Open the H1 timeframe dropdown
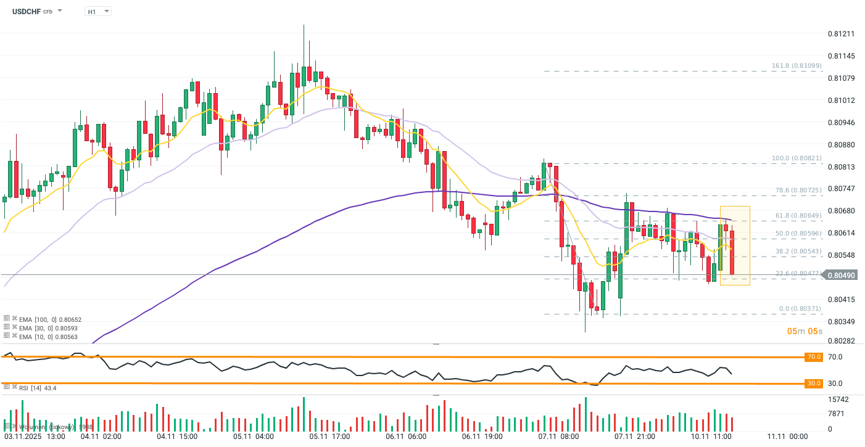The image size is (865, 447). click(97, 11)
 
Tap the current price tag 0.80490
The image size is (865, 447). click(841, 275)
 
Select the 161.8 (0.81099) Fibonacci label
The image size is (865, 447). click(797, 66)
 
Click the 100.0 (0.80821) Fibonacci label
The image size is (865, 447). click(797, 158)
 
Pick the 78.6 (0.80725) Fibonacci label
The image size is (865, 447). click(798, 190)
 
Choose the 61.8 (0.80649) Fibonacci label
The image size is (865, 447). click(798, 216)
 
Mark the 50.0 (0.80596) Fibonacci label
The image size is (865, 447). click(798, 234)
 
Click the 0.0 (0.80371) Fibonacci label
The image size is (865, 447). click(800, 308)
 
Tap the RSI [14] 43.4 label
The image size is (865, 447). click(38, 388)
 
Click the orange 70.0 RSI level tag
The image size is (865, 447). click(814, 357)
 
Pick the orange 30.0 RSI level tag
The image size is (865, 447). click(814, 383)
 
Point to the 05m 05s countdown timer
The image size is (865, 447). click(805, 331)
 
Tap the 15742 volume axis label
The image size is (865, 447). click(838, 400)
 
